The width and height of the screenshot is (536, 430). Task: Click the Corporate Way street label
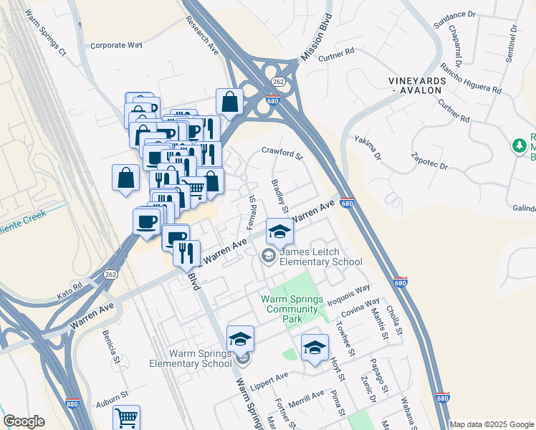click(x=116, y=45)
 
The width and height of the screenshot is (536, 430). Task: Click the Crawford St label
click(x=282, y=153)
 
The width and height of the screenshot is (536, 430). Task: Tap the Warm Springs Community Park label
click(x=289, y=304)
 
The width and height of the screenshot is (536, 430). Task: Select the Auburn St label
click(x=114, y=394)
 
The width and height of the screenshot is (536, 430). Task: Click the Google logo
click(x=24, y=421)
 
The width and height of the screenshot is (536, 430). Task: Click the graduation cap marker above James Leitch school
click(x=279, y=231)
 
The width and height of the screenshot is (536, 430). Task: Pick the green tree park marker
click(x=520, y=145)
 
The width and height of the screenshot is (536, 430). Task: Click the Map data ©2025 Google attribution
click(x=492, y=424)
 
